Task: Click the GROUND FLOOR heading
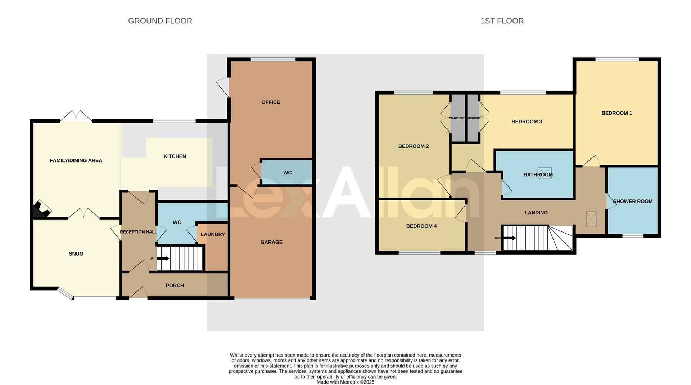point(160,21)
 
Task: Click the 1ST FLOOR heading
point(502,21)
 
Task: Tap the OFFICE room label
point(271,102)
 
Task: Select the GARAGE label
point(271,242)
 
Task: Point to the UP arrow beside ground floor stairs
point(163,258)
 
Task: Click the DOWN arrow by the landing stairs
point(510,238)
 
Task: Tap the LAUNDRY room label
point(213,234)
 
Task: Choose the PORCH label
point(175,286)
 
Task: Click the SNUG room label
point(76,254)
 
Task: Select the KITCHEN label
point(175,156)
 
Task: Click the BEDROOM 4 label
point(421,226)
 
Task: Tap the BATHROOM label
point(538,175)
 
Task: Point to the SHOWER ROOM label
point(632,202)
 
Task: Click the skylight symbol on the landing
point(591,219)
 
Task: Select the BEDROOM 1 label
point(617,113)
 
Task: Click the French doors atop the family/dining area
point(76,116)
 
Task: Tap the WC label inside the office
point(287,173)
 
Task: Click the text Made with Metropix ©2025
point(345,382)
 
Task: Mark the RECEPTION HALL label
point(138,232)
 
